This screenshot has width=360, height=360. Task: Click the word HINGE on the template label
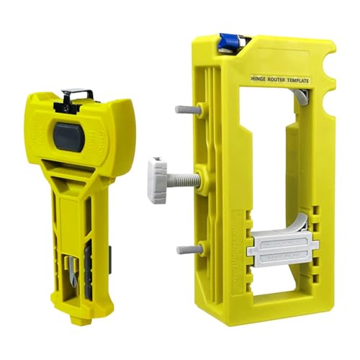click(x=259, y=80)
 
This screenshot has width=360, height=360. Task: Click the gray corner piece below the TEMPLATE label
click(x=304, y=91)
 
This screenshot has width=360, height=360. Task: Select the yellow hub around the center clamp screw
click(x=204, y=179)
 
